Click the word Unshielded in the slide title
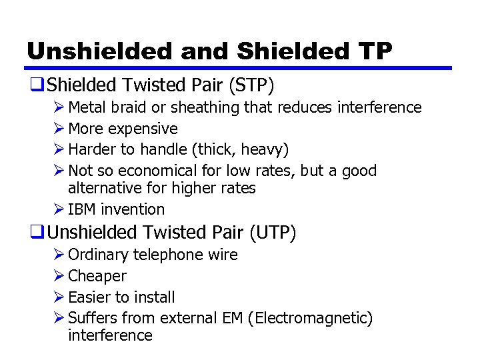pyautogui.click(x=82, y=51)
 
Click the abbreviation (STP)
pyautogui.click(x=250, y=85)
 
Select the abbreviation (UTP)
pyautogui.click(x=273, y=232)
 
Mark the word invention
pyautogui.click(x=133, y=209)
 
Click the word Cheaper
pyautogui.click(x=97, y=276)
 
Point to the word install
pyautogui.click(x=155, y=297)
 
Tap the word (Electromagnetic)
pyautogui.click(x=310, y=319)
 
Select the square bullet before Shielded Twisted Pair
pyautogui.click(x=36, y=85)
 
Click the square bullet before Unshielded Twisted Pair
pyautogui.click(x=36, y=232)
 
